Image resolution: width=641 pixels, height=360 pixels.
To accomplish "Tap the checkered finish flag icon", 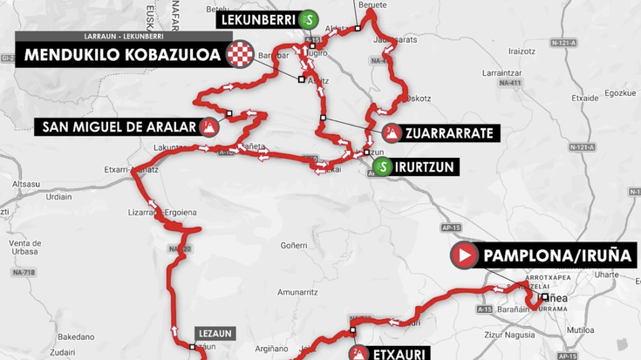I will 239,55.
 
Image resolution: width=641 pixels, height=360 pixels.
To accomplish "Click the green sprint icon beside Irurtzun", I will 381,167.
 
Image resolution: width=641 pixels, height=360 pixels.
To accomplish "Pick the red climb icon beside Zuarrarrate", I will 392,133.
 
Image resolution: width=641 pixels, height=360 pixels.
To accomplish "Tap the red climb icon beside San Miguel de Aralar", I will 209,128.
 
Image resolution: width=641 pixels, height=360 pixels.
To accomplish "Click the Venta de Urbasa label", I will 26,248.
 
